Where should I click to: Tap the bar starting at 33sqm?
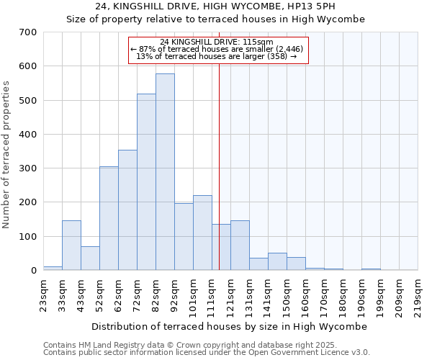71,245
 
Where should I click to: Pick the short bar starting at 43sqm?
90,258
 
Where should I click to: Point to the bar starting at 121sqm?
240,245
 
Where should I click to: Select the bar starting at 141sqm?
277,261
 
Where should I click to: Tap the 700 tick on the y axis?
28,32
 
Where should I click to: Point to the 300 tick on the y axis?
28,168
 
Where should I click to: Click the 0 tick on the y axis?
33,271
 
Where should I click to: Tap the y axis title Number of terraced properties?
6,155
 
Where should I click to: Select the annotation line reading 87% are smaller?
217,49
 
